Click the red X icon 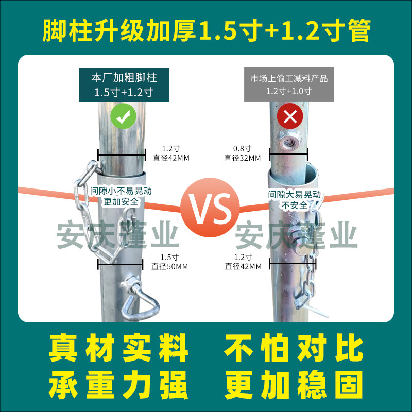pyautogui.click(x=290, y=117)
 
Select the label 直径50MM pyautogui.click(x=169, y=266)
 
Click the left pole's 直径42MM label pyautogui.click(x=171, y=158)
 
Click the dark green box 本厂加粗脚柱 pyautogui.click(x=124, y=84)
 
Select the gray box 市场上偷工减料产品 pyautogui.click(x=289, y=84)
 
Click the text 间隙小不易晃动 pyautogui.click(x=121, y=191)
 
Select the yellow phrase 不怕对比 pyautogui.click(x=293, y=348)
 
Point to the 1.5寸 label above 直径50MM pyautogui.click(x=169, y=257)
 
